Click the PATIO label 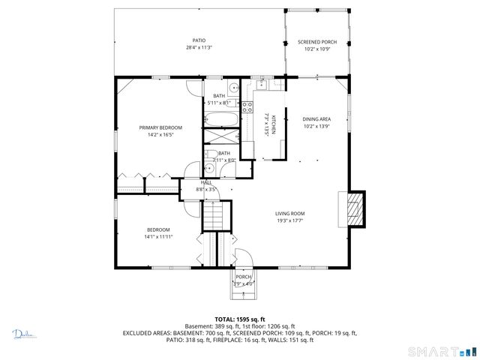pyautogui.click(x=199, y=40)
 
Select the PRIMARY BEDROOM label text pyautogui.click(x=160, y=127)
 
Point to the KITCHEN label pyautogui.click(x=274, y=124)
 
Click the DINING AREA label pyautogui.click(x=316, y=119)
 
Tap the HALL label pyautogui.click(x=205, y=183)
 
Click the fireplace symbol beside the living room pyautogui.click(x=355, y=208)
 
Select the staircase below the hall pyautogui.click(x=215, y=218)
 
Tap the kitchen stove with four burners pyautogui.click(x=248, y=106)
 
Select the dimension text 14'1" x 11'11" pyautogui.click(x=158, y=236)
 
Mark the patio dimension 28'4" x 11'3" pyautogui.click(x=199, y=47)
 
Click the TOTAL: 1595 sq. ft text pyautogui.click(x=240, y=319)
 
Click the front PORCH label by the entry pyautogui.click(x=244, y=277)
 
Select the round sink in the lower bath pyautogui.click(x=211, y=168)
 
